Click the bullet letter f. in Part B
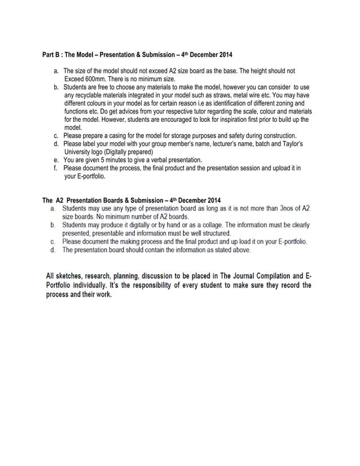tap(55, 168)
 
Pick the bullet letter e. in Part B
tap(56, 160)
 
